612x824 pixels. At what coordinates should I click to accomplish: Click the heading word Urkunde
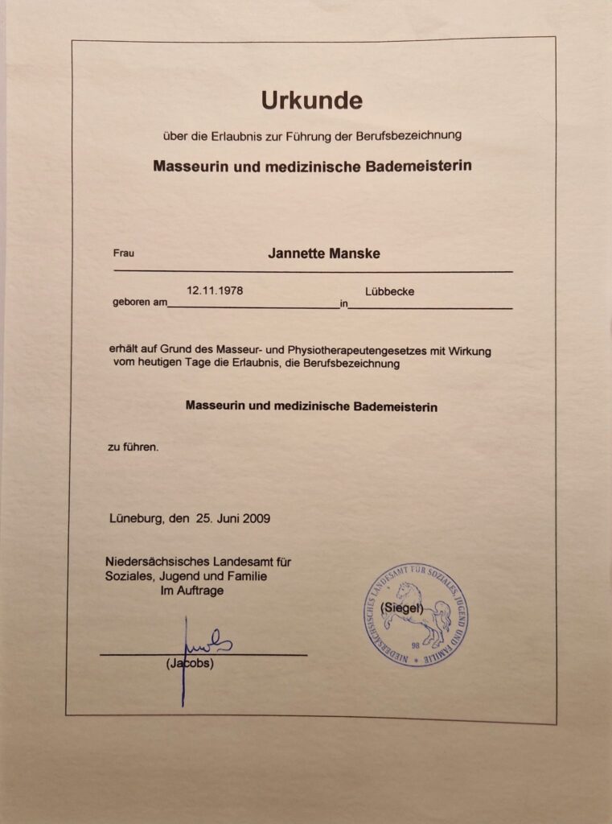point(311,101)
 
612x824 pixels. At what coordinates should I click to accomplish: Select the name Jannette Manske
point(323,253)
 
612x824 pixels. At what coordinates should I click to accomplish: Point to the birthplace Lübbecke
point(389,291)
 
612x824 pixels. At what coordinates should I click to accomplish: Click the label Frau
point(124,253)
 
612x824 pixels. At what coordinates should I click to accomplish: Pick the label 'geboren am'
point(139,304)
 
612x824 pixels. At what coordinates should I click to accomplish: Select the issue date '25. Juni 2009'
point(232,518)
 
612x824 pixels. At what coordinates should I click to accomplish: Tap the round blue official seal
point(416,616)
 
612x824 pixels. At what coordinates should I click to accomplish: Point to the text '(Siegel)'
point(401,608)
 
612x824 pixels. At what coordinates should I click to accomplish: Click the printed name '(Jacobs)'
point(190,664)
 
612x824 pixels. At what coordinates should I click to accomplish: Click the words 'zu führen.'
point(133,447)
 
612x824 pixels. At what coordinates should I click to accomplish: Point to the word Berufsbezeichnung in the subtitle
point(411,136)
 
